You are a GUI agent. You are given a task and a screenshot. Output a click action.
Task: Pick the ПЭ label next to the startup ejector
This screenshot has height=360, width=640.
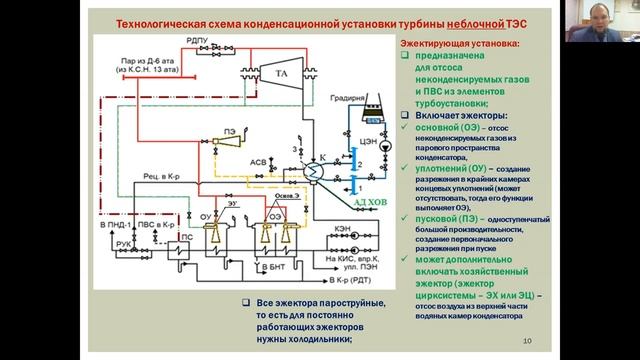pyautogui.click(x=229, y=131)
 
